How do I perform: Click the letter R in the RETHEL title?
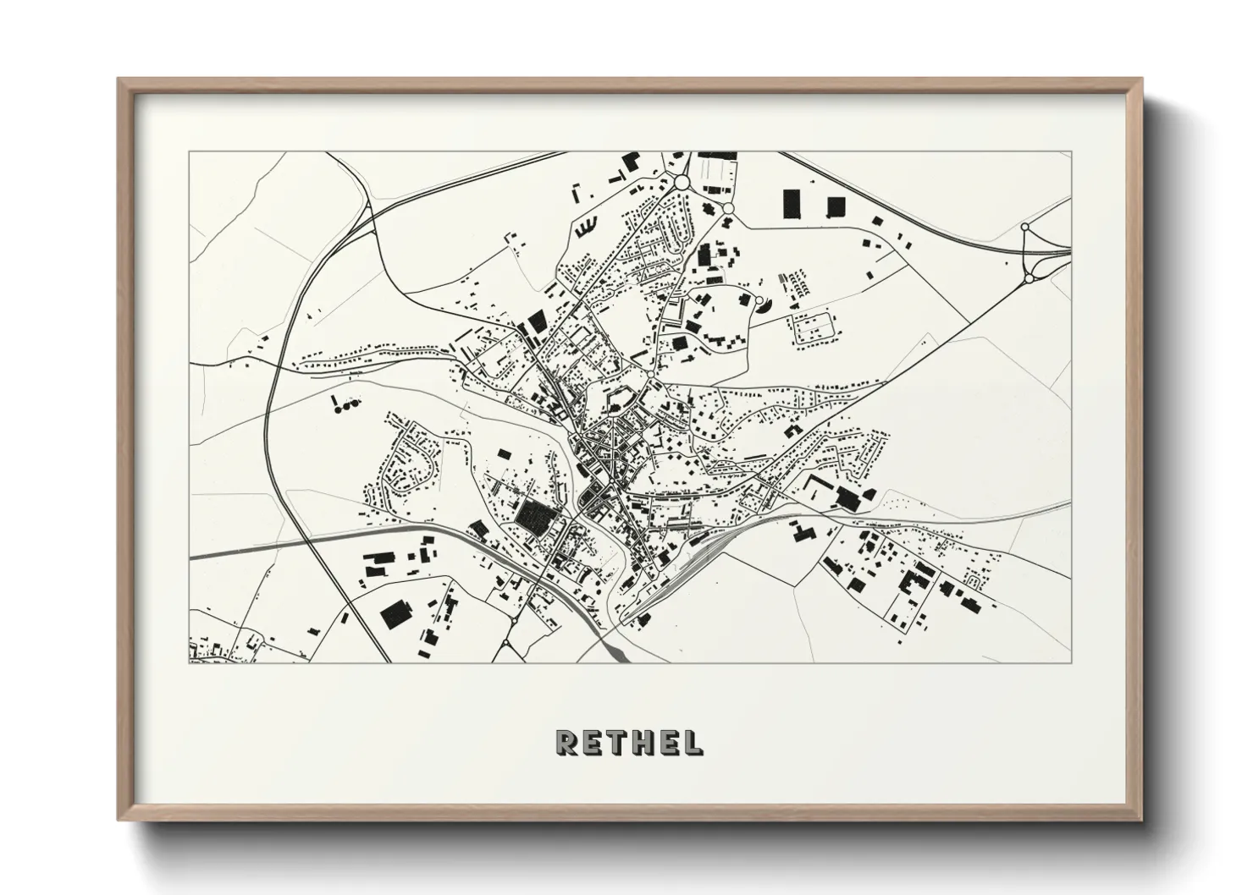[x=566, y=743]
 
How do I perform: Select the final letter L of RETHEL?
[x=692, y=743]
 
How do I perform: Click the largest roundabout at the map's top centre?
[x=682, y=181]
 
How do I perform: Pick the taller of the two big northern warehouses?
[x=792, y=203]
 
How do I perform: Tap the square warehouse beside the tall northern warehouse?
[x=836, y=206]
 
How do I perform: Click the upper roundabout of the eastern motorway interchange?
[x=1025, y=227]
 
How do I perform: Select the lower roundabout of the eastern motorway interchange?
[x=1029, y=277]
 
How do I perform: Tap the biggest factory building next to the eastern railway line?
[x=847, y=497]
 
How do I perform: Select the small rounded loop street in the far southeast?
[x=973, y=582]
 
